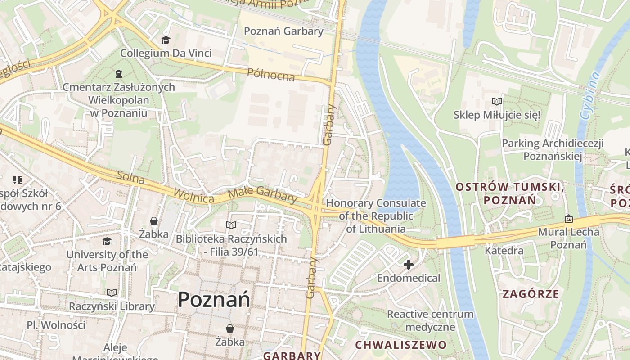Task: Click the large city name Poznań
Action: [214, 299]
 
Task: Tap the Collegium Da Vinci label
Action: [166, 53]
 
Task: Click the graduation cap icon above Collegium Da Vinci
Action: [166, 40]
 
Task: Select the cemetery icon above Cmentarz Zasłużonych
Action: [119, 73]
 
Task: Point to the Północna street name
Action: [271, 75]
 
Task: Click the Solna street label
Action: [130, 178]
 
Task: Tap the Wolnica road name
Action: [194, 196]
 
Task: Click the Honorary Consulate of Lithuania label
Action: [376, 216]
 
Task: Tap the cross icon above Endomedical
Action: [408, 265]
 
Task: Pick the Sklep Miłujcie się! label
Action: [497, 115]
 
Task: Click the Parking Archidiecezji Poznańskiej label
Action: [553, 150]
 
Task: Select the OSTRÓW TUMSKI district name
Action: [509, 193]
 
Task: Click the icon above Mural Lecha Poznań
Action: [569, 219]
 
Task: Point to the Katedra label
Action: [504, 251]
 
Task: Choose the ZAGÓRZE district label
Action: [531, 294]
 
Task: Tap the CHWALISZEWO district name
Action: [401, 345]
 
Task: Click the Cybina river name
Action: [590, 95]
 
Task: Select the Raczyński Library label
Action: [112, 306]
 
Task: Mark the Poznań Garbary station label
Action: [283, 31]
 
